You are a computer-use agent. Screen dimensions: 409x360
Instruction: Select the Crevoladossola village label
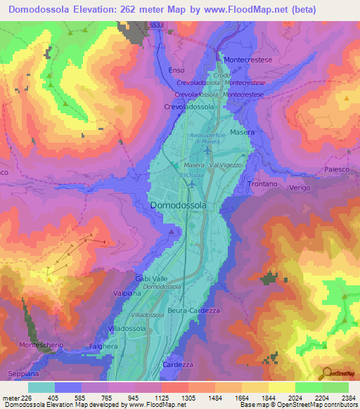[x=188, y=107]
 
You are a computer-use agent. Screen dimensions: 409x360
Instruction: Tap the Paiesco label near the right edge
[x=337, y=169]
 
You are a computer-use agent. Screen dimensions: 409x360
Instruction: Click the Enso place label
[x=177, y=70]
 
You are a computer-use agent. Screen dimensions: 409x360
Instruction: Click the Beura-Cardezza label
[x=194, y=310]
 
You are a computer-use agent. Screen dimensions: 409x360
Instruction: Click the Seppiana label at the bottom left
[x=17, y=372]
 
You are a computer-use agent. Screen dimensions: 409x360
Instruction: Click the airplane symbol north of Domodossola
[x=192, y=183]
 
